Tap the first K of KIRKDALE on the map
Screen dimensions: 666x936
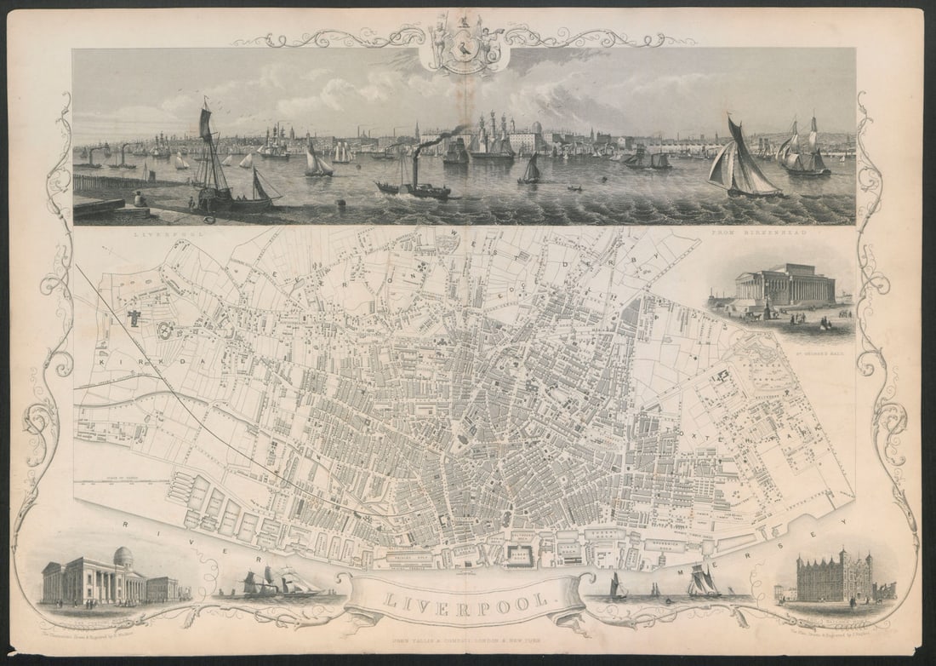[x=103, y=362]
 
